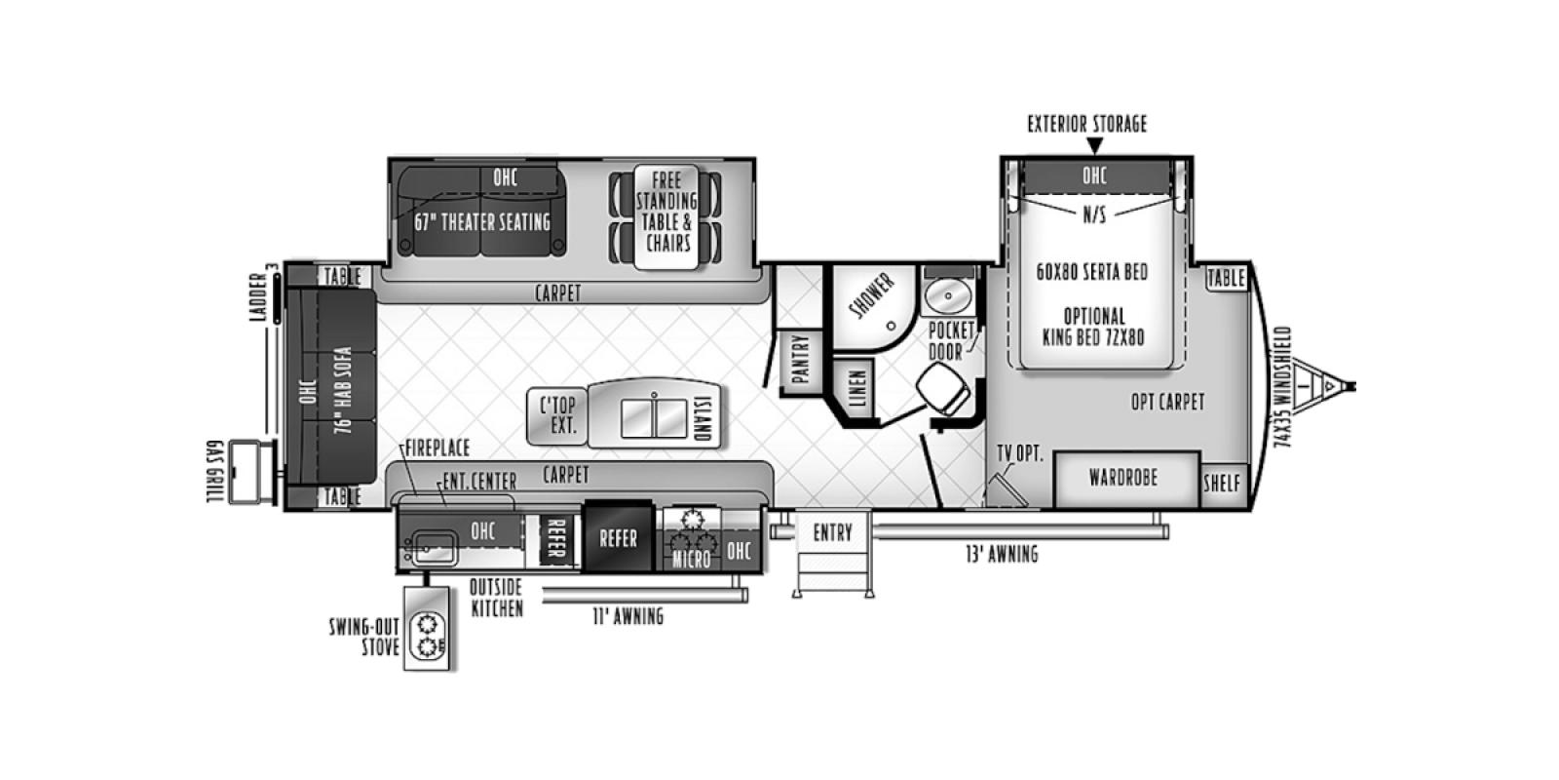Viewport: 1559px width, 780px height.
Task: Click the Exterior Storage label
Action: pyautogui.click(x=1086, y=124)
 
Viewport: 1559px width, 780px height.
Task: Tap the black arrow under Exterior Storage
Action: pyautogui.click(x=1094, y=146)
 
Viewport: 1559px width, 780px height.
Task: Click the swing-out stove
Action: pyautogui.click(x=429, y=637)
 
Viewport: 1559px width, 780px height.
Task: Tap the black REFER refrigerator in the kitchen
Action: pyautogui.click(x=617, y=537)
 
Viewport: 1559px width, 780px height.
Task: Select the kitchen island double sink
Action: pyautogui.click(x=654, y=414)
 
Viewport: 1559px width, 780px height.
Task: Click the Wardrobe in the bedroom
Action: pyautogui.click(x=1123, y=478)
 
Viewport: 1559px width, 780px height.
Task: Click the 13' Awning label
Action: pyautogui.click(x=1001, y=554)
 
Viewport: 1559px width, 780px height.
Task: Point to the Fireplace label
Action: pyautogui.click(x=437, y=448)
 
